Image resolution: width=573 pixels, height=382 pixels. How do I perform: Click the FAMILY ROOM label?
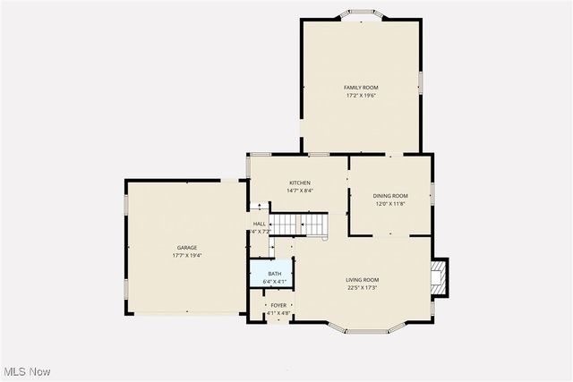click(361, 88)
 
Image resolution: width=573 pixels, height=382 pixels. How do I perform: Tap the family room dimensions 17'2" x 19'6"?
click(361, 95)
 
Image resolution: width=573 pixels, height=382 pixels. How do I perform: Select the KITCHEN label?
click(299, 183)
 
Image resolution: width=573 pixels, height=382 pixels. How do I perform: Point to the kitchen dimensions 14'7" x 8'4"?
click(299, 190)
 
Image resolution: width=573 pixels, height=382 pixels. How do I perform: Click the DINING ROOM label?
click(390, 196)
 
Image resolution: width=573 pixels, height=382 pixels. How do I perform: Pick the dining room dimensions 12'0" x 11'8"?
click(390, 203)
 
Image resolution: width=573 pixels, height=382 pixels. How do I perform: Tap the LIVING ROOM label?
click(363, 280)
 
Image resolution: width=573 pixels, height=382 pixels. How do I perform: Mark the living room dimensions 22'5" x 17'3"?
click(363, 287)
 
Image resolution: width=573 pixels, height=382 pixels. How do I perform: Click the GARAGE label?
click(186, 248)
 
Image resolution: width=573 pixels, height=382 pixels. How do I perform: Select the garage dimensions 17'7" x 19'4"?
click(186, 255)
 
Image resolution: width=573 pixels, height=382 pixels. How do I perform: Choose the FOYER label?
click(278, 305)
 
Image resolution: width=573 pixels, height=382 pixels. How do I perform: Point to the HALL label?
click(260, 224)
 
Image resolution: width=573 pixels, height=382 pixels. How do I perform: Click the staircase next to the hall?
click(298, 225)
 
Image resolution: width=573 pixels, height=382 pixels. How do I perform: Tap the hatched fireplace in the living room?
click(439, 277)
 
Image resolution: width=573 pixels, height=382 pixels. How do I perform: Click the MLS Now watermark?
click(26, 371)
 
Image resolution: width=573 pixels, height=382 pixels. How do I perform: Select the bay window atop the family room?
click(362, 14)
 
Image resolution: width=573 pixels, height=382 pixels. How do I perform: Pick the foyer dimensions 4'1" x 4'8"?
click(278, 313)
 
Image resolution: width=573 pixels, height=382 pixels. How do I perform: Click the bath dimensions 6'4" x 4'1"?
click(273, 282)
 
